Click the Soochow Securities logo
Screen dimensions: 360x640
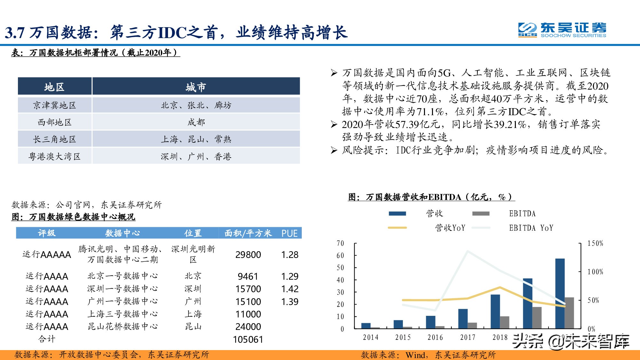pyautogui.click(x=562, y=30)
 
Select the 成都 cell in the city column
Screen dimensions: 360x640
pyautogui.click(x=196, y=122)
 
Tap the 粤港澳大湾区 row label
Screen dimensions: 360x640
pyautogui.click(x=54, y=156)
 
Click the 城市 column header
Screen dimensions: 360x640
pyautogui.click(x=196, y=87)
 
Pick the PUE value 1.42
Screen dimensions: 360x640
pyautogui.click(x=290, y=289)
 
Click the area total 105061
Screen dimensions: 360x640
pyautogui.click(x=248, y=340)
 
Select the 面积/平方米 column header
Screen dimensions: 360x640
pyautogui.click(x=248, y=233)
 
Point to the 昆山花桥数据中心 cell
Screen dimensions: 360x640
pyautogui.click(x=123, y=327)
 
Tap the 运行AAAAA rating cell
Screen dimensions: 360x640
pyautogui.click(x=47, y=255)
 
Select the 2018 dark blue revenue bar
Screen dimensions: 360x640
pyautogui.click(x=495, y=311)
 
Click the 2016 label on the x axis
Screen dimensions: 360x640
pyautogui.click(x=435, y=338)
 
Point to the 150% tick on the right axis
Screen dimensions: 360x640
pyautogui.click(x=595, y=244)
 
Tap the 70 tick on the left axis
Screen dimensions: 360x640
pyautogui.click(x=340, y=244)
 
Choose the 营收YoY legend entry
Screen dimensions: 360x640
pyautogui.click(x=450, y=228)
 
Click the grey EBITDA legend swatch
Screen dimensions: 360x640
pyautogui.click(x=481, y=213)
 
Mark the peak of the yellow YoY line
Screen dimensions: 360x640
pyautogui.click(x=500, y=287)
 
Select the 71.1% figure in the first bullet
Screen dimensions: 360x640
pyautogui.click(x=429, y=112)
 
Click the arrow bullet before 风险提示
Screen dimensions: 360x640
pyautogui.click(x=334, y=150)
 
